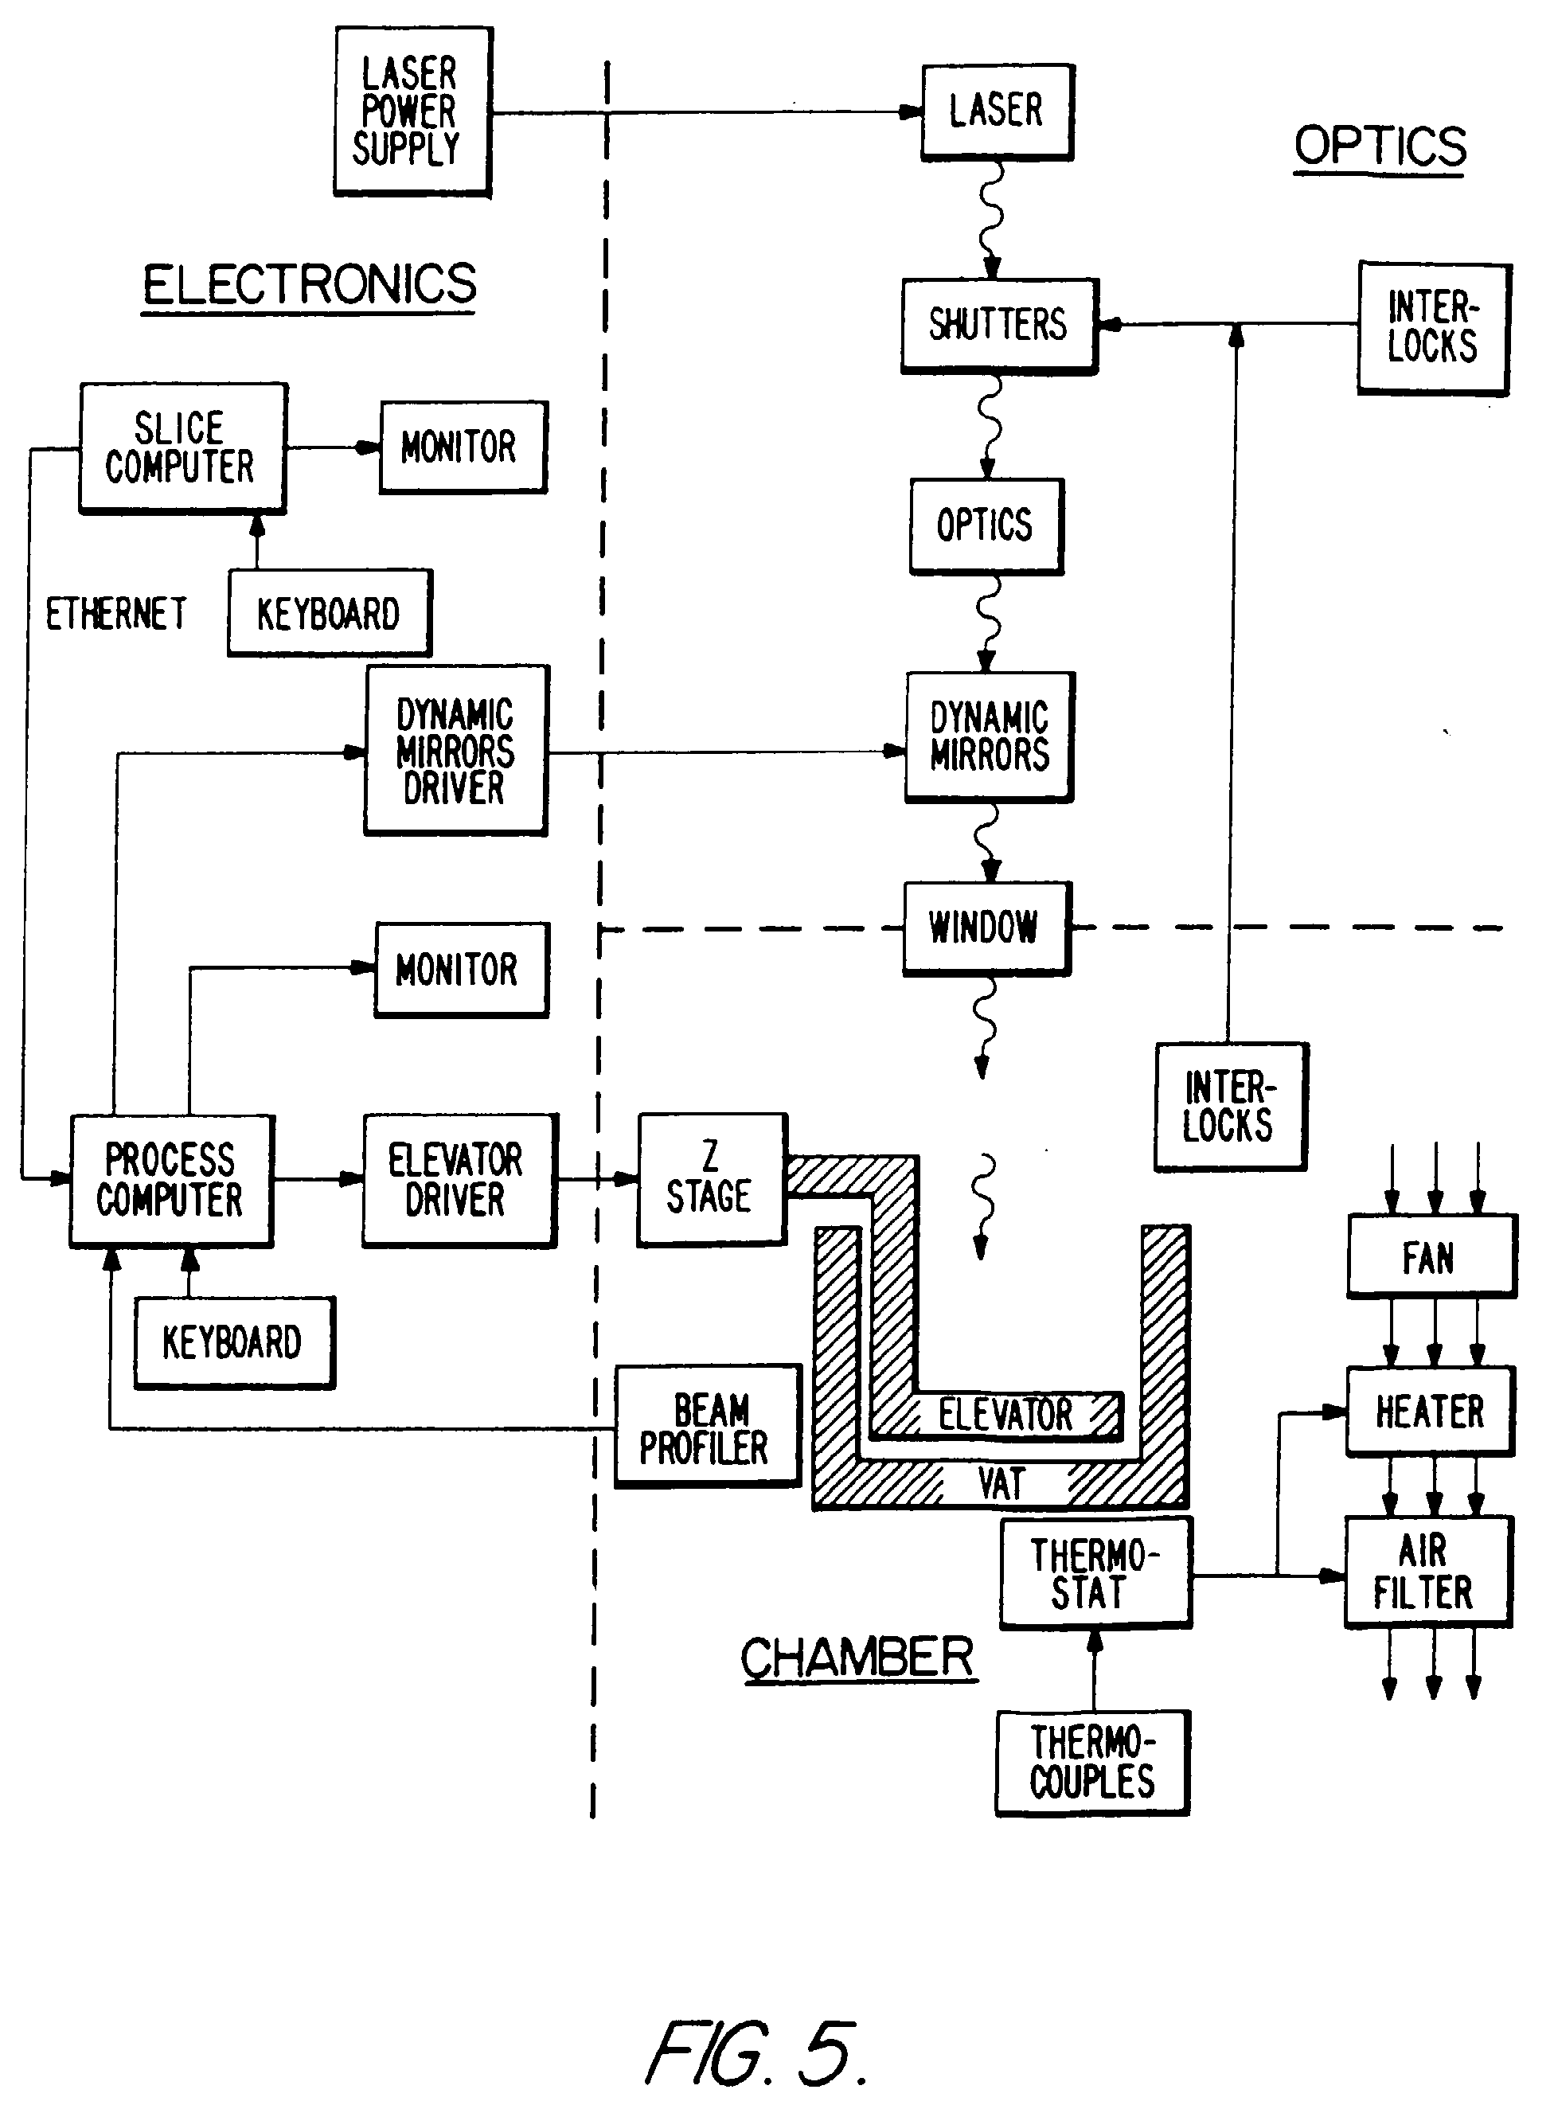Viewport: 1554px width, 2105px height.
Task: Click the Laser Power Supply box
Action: [x=413, y=111]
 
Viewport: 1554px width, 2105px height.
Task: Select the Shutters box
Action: [x=999, y=325]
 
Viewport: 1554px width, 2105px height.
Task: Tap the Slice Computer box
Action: [x=182, y=447]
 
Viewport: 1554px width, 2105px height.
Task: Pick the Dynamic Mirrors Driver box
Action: [x=456, y=751]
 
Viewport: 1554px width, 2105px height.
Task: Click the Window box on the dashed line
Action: [x=986, y=928]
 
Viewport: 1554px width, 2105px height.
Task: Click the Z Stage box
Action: [x=711, y=1178]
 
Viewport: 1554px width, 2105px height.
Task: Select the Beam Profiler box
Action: [x=708, y=1426]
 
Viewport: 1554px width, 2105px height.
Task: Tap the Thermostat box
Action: [x=1094, y=1572]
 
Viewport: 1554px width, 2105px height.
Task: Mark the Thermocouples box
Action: [x=1092, y=1762]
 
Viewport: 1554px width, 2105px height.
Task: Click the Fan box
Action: [x=1431, y=1256]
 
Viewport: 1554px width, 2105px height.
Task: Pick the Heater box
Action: [x=1430, y=1411]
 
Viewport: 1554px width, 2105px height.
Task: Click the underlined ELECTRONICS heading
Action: [x=310, y=284]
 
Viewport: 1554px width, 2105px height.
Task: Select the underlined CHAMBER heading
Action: [x=858, y=1658]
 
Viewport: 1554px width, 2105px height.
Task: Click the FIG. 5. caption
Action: [x=756, y=2052]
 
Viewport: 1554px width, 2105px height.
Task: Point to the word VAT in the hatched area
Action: [x=1001, y=1484]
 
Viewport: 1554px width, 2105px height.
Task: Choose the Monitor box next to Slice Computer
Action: [x=462, y=447]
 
